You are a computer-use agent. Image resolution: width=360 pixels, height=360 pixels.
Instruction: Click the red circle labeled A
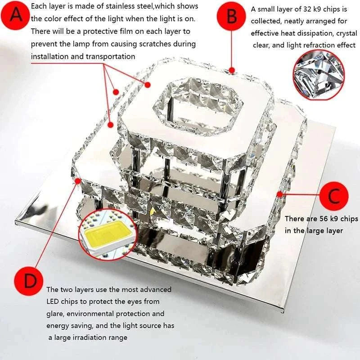(x=15, y=15)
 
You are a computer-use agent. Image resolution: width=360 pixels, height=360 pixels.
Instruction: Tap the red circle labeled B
(x=231, y=16)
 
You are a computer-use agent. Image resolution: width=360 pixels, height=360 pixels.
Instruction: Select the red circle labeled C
(x=334, y=196)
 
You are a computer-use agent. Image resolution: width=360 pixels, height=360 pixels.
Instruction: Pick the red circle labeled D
(x=28, y=281)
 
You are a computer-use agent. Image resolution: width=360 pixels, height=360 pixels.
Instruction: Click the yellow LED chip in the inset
(x=107, y=235)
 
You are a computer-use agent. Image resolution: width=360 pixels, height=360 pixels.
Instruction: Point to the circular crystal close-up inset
(x=319, y=75)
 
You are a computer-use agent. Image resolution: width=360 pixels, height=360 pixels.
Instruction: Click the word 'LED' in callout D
(x=53, y=301)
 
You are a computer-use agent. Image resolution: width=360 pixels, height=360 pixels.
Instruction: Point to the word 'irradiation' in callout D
(x=90, y=337)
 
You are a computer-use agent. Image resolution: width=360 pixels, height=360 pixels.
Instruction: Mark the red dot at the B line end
(x=232, y=70)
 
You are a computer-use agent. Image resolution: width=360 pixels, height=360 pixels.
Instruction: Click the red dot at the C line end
(x=279, y=194)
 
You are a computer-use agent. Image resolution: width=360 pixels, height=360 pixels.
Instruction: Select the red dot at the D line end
(x=78, y=181)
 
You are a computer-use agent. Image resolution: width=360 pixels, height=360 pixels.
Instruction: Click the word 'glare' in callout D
(x=55, y=314)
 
